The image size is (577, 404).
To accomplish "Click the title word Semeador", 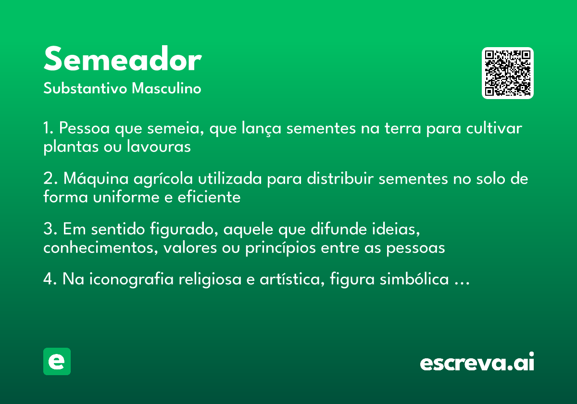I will pos(122,61).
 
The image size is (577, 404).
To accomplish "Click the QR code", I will pos(508,73).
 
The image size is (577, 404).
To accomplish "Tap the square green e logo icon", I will pos(57,361).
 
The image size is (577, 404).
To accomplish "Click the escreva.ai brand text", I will pos(477,363).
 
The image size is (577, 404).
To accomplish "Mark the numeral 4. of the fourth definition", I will pos(50,279).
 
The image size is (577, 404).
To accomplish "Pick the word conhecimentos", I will pos(100,248).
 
